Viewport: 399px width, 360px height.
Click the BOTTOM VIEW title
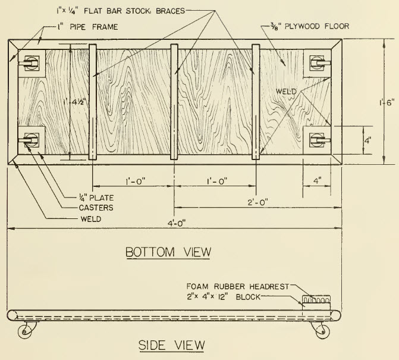(x=168, y=252)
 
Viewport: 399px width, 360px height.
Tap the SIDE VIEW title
(x=171, y=345)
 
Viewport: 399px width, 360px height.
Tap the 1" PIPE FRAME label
(x=80, y=26)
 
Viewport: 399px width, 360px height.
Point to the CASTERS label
(x=96, y=207)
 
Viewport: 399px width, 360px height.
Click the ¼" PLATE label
(x=96, y=197)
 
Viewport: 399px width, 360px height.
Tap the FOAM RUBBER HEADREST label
(x=237, y=286)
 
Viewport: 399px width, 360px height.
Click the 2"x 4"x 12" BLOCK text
(x=223, y=296)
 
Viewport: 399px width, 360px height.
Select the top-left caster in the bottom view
(x=30, y=61)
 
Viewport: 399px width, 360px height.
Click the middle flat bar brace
(x=174, y=102)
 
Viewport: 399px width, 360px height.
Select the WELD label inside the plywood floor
(x=286, y=91)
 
